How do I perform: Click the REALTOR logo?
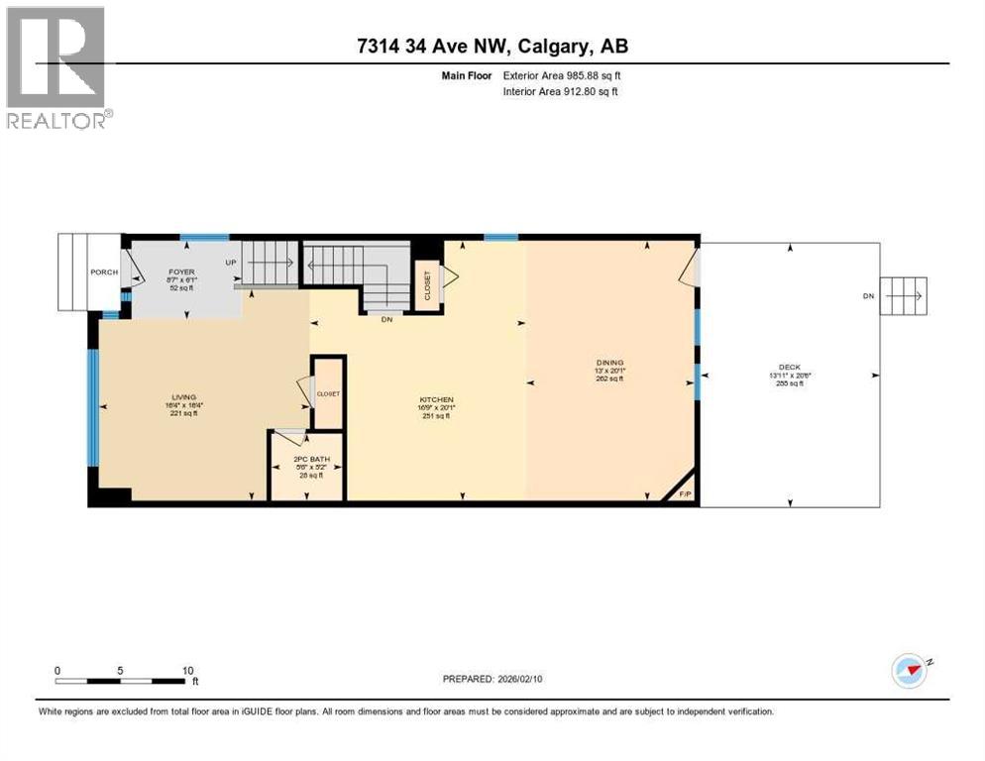56,67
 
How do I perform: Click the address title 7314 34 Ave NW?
492,46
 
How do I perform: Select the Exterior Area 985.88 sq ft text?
562,75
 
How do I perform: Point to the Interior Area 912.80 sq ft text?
561,92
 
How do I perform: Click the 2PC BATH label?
306,460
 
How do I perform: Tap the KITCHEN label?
436,400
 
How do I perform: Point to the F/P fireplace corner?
683,493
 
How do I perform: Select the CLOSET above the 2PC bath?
327,393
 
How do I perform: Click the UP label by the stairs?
231,263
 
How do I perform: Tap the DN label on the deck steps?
868,295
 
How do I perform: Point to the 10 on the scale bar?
187,670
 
